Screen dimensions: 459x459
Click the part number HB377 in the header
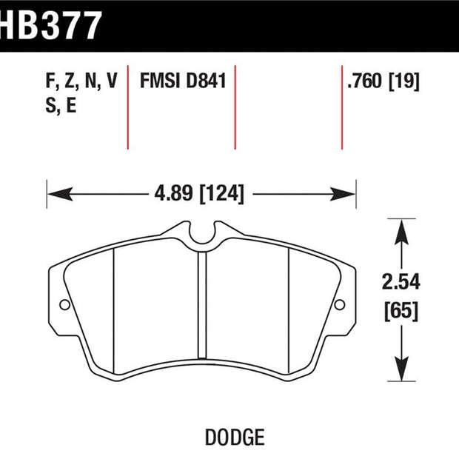(50, 25)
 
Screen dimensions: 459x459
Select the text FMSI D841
(183, 81)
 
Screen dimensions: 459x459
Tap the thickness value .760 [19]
(383, 81)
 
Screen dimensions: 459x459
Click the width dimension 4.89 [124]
(199, 193)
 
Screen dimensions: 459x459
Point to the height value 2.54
(401, 281)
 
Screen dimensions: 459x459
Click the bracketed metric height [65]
(401, 311)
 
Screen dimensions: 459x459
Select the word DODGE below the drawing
(235, 438)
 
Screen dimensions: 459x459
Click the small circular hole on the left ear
(64, 305)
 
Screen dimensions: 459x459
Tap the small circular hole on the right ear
(340, 305)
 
